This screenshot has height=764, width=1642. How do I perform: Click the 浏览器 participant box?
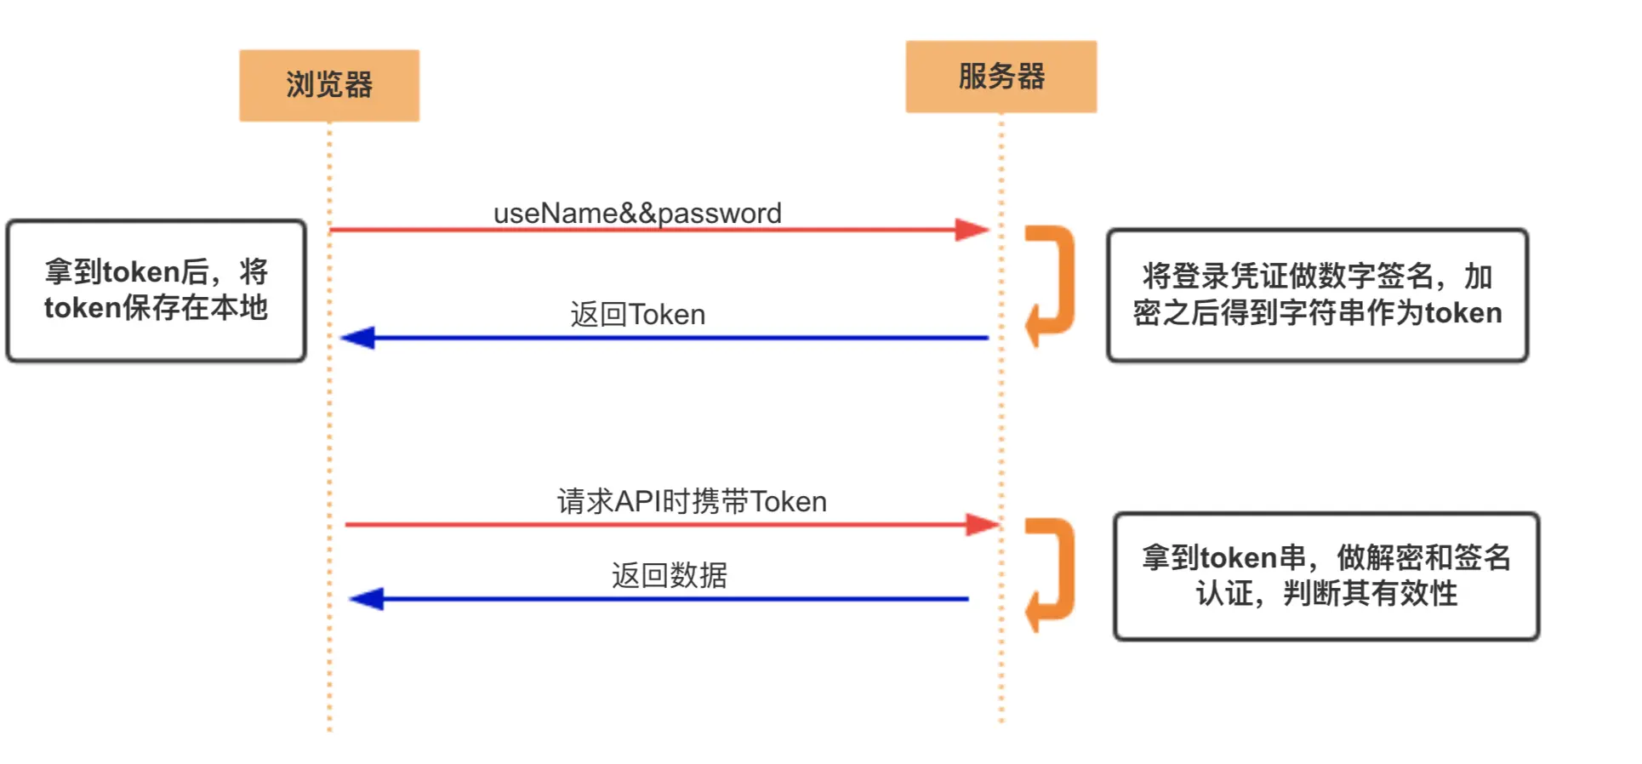click(x=328, y=85)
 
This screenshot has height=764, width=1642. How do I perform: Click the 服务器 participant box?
click(x=1001, y=77)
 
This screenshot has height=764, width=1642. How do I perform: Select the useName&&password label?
click(x=637, y=213)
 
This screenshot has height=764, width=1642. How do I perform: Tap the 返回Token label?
click(x=637, y=315)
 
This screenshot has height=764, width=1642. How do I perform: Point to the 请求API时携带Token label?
click(x=692, y=501)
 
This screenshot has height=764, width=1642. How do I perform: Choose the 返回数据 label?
click(x=670, y=575)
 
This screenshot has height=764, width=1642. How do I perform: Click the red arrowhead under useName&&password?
click(x=972, y=230)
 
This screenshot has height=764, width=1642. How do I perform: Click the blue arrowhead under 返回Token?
click(x=358, y=338)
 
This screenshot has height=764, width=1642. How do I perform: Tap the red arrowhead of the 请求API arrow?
click(x=982, y=524)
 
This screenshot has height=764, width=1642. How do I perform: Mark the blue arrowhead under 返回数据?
click(x=368, y=599)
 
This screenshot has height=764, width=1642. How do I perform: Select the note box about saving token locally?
click(x=156, y=291)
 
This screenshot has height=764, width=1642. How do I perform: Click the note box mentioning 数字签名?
click(x=1317, y=294)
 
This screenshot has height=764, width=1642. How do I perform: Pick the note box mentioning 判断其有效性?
click(x=1326, y=576)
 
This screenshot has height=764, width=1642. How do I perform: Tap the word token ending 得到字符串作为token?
click(x=1463, y=313)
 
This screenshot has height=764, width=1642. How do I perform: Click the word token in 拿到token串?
click(x=1239, y=558)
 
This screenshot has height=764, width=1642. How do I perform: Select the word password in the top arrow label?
click(x=720, y=213)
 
